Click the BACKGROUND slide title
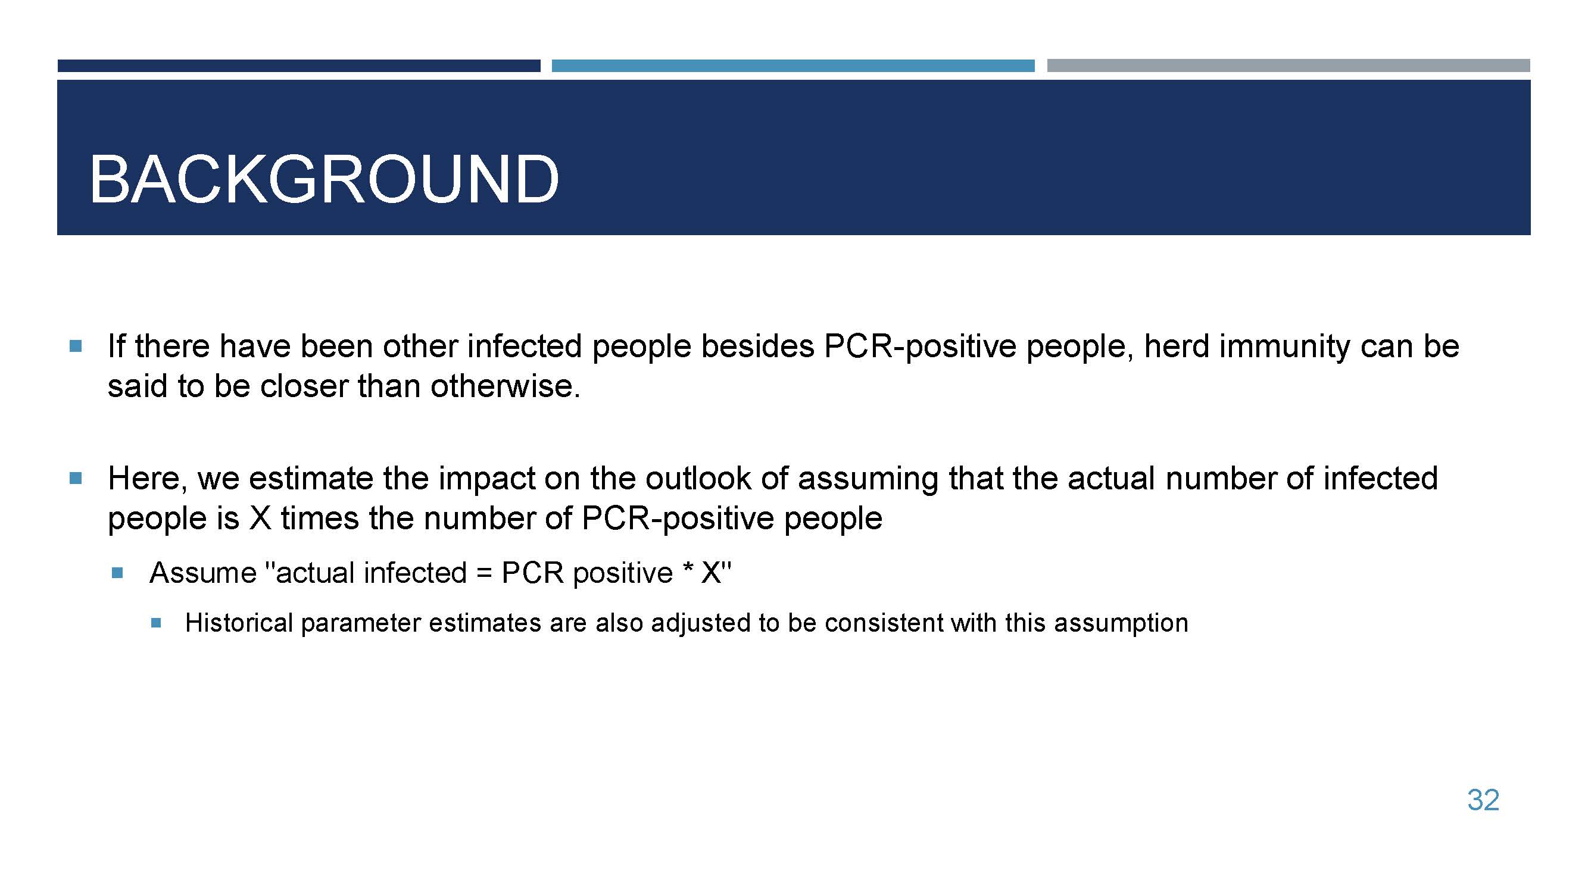tap(325, 179)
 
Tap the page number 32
tap(1483, 800)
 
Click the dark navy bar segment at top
tap(299, 66)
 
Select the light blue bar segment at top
tap(793, 66)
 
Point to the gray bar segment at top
tap(1289, 66)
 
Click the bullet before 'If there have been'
tap(76, 346)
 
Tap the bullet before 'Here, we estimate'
tap(76, 478)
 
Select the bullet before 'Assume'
tap(118, 574)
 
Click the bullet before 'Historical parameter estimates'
tap(156, 623)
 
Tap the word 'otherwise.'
tap(506, 386)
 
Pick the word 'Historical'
tap(239, 623)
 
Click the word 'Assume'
tap(203, 573)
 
